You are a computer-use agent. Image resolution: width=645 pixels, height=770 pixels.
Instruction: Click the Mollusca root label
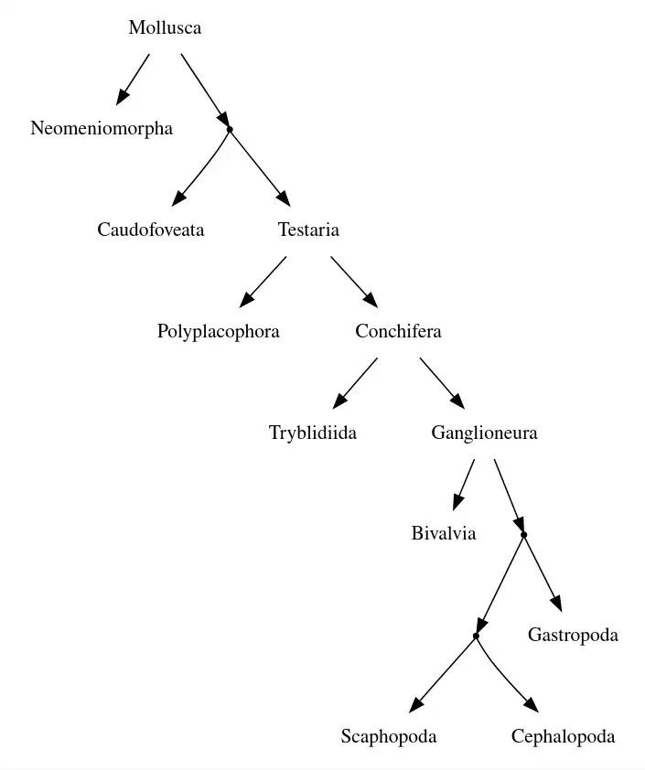coord(165,27)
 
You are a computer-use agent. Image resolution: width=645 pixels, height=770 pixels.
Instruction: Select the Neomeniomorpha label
coord(102,129)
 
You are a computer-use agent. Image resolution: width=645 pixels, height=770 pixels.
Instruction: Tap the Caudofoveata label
coord(151,230)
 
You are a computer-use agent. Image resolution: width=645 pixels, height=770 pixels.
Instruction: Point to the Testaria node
coord(308,230)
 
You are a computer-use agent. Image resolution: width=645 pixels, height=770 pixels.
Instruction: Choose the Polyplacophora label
coord(218,331)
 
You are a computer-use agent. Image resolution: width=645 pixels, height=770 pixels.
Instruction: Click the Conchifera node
coord(398,331)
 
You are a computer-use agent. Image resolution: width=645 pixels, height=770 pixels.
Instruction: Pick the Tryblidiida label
coord(313,433)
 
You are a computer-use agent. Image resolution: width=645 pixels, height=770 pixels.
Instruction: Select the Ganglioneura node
coord(484,433)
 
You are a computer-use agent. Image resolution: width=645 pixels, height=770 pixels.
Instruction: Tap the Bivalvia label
coord(444,534)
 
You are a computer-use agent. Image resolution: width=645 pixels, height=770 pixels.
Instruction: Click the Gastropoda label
coord(573,635)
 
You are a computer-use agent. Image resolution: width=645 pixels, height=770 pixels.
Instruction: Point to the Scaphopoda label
coord(389,736)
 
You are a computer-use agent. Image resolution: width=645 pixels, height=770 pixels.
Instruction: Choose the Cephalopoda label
coord(563,736)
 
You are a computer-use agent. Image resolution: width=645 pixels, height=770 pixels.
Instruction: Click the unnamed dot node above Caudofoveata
coord(230,129)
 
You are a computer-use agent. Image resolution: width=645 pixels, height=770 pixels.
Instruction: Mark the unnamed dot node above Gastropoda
coord(523,534)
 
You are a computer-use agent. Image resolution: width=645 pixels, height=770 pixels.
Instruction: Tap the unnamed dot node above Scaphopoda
coord(476,636)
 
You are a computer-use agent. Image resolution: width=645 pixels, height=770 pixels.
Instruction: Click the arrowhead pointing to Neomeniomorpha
coord(122,98)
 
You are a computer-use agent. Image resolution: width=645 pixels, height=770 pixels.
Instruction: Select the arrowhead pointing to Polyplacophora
coord(246,301)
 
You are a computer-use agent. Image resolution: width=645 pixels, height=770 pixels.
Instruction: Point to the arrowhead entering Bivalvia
coord(457,504)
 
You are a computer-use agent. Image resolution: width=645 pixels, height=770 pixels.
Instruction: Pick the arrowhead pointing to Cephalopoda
coord(532,705)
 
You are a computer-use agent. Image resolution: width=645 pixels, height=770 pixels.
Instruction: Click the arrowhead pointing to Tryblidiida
coord(339,401)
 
